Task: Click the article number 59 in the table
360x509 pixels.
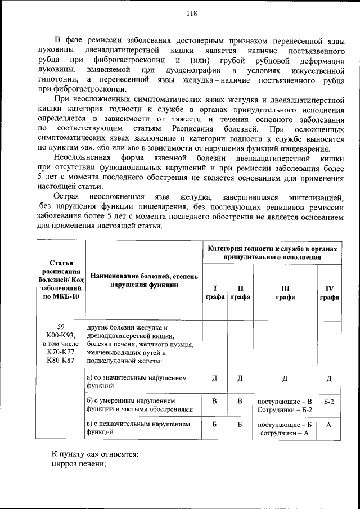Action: (61, 327)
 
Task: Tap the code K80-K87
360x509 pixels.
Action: (61, 361)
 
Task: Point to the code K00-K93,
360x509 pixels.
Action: (61, 335)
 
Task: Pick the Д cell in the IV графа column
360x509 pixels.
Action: (329, 377)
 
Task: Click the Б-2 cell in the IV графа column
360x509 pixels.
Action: (329, 402)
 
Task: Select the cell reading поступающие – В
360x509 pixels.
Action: (285, 401)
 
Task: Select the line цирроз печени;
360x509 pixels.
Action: (79, 464)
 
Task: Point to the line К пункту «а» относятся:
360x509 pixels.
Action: (96, 453)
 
